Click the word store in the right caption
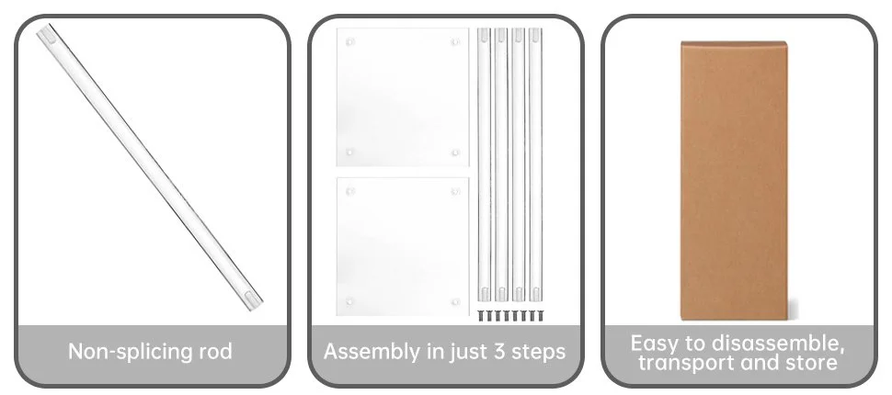812,363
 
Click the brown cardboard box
734,180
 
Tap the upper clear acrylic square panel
402,97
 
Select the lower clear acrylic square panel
402,246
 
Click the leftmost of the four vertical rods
484,164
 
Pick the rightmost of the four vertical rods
535,164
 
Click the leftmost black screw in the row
481,315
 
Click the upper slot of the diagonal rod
50,38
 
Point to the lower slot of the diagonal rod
250,298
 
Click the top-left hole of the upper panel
349,41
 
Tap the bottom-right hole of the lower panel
455,302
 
